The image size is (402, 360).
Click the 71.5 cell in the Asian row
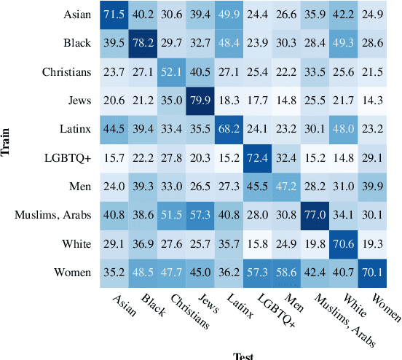pyautogui.click(x=113, y=15)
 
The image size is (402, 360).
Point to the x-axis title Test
pyautogui.click(x=243, y=355)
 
